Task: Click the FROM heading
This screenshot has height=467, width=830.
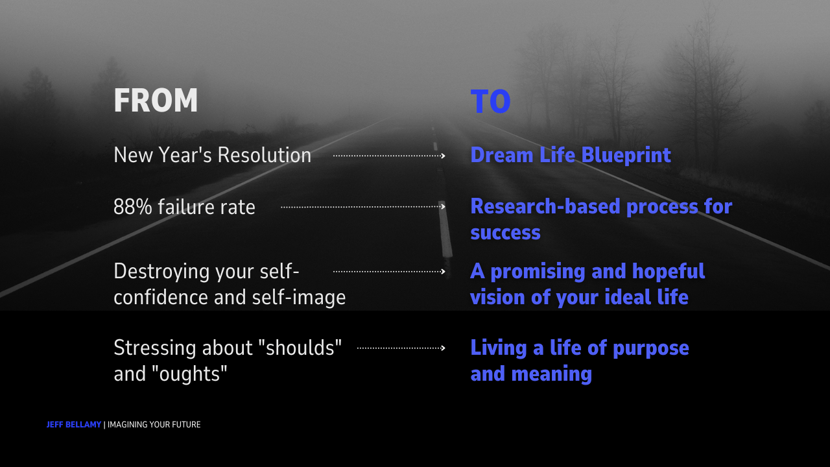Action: point(156,100)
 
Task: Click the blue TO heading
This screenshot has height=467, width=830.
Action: point(491,101)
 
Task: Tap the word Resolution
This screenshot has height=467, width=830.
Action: point(264,155)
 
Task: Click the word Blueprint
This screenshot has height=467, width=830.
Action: point(626,156)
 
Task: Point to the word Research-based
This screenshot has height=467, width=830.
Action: point(545,206)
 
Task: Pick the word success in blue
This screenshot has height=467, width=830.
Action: point(505,233)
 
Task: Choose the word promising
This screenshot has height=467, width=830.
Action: point(538,272)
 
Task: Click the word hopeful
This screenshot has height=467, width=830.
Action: point(668,272)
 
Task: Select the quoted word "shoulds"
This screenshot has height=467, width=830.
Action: point(300,348)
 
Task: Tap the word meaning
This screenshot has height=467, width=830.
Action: point(551,374)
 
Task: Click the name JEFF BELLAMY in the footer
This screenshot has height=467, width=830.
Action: point(74,425)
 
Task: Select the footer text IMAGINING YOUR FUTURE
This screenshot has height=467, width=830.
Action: point(154,425)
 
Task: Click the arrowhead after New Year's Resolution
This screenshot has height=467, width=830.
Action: point(443,156)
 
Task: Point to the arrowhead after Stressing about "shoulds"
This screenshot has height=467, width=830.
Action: point(443,348)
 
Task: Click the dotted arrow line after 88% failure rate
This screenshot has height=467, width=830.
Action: point(363,207)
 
